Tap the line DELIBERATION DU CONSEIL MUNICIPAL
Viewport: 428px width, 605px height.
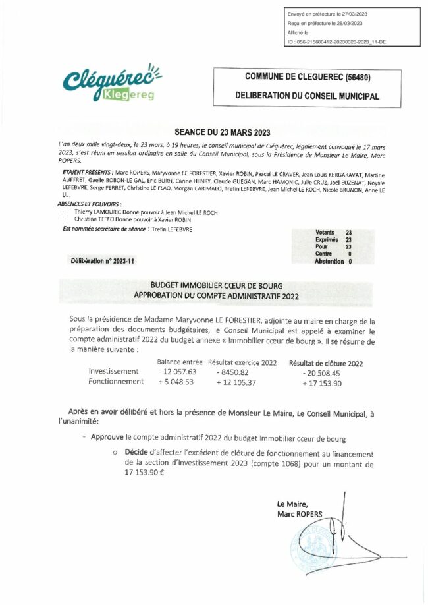coord(307,96)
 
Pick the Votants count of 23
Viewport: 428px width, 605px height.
coord(348,232)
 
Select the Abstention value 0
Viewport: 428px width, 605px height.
coord(350,261)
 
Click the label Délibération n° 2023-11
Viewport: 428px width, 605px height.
coord(102,261)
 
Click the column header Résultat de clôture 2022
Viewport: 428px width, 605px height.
coord(325,363)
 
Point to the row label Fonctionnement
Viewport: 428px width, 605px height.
coord(116,381)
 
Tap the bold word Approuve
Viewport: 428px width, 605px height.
coord(107,438)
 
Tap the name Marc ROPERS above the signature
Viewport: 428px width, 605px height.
coord(300,513)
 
